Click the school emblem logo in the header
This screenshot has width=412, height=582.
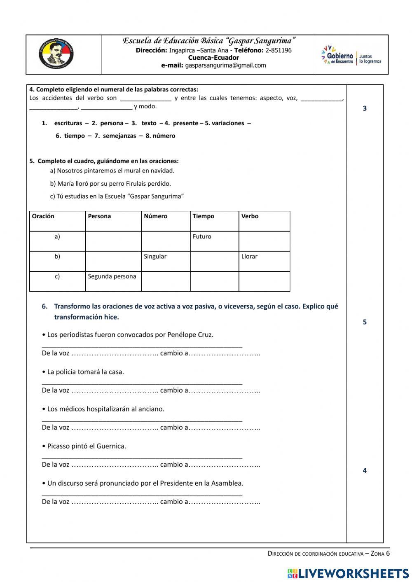tap(56, 54)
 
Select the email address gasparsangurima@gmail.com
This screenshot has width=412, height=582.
tap(225, 65)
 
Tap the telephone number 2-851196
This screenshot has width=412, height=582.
tap(279, 50)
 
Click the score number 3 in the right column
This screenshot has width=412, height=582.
tap(365, 108)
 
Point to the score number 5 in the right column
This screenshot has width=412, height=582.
tap(365, 322)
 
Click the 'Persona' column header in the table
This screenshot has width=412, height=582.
tap(99, 216)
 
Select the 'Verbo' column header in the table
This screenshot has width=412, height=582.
tap(250, 216)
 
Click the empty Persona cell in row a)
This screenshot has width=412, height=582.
tap(113, 241)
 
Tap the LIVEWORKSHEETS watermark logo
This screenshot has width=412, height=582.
tap(348, 573)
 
